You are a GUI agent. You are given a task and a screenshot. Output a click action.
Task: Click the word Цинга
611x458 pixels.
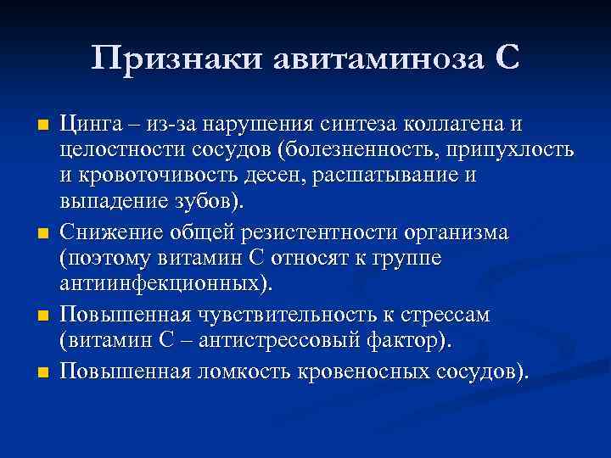(x=87, y=125)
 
